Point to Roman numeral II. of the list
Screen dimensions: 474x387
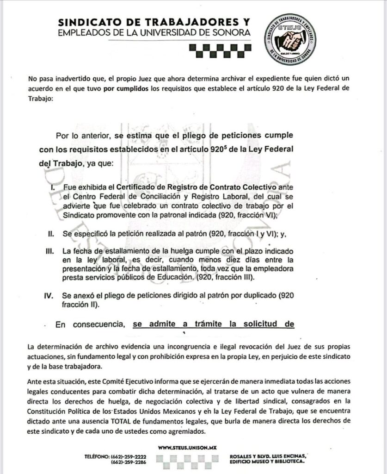(x=51, y=234)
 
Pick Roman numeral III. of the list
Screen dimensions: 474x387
(x=50, y=250)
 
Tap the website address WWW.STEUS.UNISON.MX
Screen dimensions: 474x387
(x=187, y=448)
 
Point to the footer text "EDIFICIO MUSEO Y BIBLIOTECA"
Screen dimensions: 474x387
(x=267, y=462)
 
